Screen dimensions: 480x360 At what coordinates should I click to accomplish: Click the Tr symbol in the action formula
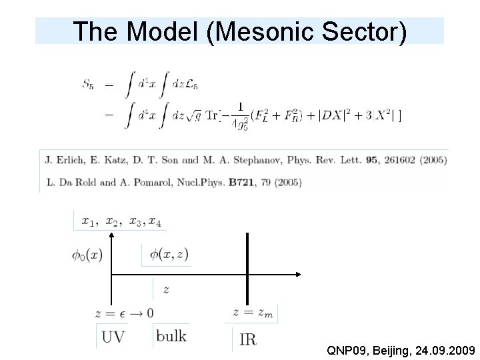tap(212, 115)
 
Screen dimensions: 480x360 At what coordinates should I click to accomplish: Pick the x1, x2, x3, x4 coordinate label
tap(120, 221)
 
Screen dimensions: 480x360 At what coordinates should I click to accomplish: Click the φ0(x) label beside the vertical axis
tap(86, 254)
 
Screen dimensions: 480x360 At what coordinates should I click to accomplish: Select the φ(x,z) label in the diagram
tap(168, 254)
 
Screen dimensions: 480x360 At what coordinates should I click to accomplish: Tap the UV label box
tap(112, 337)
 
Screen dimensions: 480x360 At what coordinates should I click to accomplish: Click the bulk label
tap(171, 335)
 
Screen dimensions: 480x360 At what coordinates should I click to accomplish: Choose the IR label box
tap(247, 339)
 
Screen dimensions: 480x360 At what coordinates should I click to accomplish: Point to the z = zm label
tap(254, 312)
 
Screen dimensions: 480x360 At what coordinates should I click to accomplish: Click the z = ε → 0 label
tap(125, 313)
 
